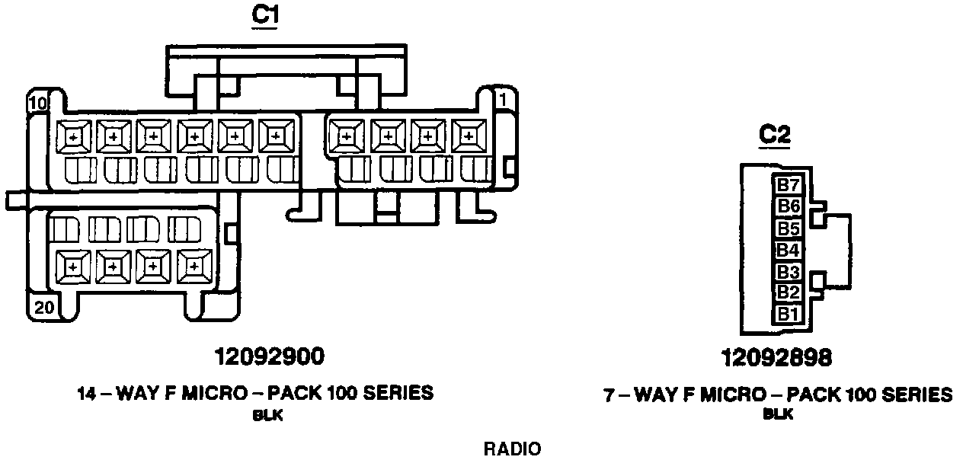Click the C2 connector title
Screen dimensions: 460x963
click(775, 135)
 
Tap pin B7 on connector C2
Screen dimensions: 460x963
click(788, 185)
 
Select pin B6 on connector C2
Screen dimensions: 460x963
click(788, 206)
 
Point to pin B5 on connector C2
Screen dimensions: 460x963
click(788, 228)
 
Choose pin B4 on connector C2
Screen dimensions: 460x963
click(788, 249)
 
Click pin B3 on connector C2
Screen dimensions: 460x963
click(788, 271)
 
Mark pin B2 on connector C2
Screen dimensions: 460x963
click(788, 292)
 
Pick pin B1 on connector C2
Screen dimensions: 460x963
click(788, 313)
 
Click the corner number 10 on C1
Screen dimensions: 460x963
click(37, 102)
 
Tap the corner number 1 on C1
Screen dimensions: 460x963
click(502, 100)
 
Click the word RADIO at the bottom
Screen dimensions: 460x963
click(513, 449)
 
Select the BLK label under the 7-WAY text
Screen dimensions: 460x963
click(778, 415)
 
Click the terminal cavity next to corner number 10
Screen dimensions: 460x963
click(73, 136)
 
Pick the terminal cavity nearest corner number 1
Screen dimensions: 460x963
click(468, 136)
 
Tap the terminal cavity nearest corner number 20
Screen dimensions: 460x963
click(73, 267)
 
